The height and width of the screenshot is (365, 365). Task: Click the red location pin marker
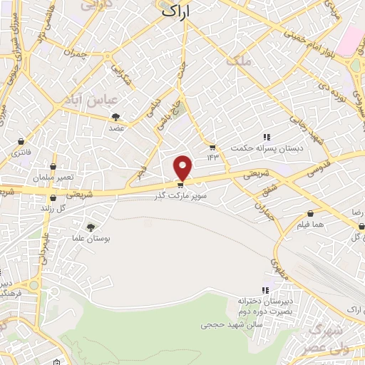tap(183, 167)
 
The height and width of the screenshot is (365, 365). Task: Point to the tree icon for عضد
tap(115, 118)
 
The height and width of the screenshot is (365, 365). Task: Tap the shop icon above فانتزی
tap(21, 141)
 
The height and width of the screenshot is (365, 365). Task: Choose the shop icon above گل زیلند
tap(52, 197)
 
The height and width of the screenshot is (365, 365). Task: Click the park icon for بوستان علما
tap(90, 227)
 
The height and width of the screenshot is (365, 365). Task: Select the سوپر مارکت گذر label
tap(183, 195)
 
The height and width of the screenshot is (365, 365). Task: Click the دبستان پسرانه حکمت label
tap(260, 148)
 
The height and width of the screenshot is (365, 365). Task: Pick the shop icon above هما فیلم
tap(311, 213)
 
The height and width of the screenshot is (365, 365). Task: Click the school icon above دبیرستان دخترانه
tap(265, 290)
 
